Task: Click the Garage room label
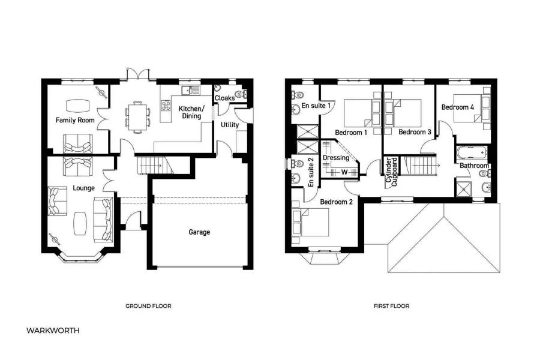pyautogui.click(x=199, y=232)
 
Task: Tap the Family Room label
pyautogui.click(x=76, y=121)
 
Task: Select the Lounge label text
pyautogui.click(x=83, y=188)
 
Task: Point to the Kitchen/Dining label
pyautogui.click(x=192, y=112)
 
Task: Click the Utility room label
pyautogui.click(x=230, y=125)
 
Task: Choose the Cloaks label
pyautogui.click(x=224, y=98)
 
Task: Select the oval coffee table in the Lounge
pyautogui.click(x=81, y=224)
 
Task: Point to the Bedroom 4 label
pyautogui.click(x=458, y=107)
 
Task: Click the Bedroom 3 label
pyautogui.click(x=415, y=132)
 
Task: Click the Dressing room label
pyautogui.click(x=336, y=158)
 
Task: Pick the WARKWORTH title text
pyautogui.click(x=53, y=331)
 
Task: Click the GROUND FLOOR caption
pyautogui.click(x=148, y=306)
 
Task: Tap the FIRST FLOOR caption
pyautogui.click(x=391, y=306)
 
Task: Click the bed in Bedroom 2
pyautogui.click(x=311, y=224)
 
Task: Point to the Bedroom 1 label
pyautogui.click(x=351, y=132)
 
